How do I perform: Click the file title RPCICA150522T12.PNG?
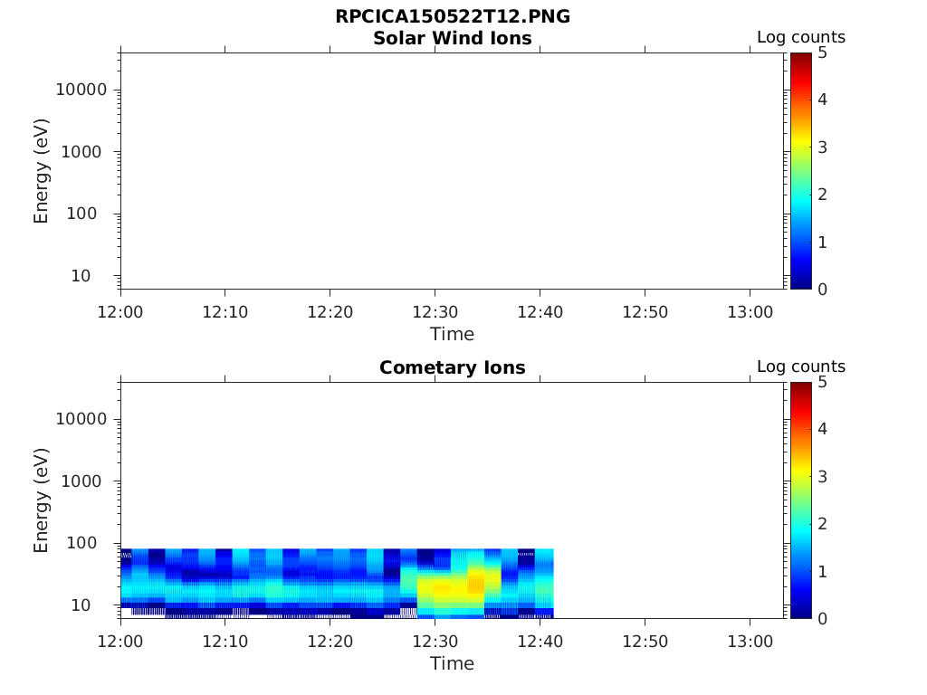coord(452,16)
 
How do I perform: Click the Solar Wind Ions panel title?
coord(452,38)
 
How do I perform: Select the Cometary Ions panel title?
coord(452,367)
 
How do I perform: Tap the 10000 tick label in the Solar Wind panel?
coord(81,90)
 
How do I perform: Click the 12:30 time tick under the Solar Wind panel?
coord(435,311)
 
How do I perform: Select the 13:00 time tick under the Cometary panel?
coord(750,641)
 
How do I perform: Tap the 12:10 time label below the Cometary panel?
coord(225,641)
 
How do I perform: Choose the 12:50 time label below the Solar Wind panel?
coord(645,311)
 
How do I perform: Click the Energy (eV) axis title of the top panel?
coord(42,171)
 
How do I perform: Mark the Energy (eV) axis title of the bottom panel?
coord(42,500)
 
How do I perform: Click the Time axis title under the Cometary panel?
coord(452,663)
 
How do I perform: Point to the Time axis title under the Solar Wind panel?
coord(452,334)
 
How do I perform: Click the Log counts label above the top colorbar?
coord(800,38)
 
